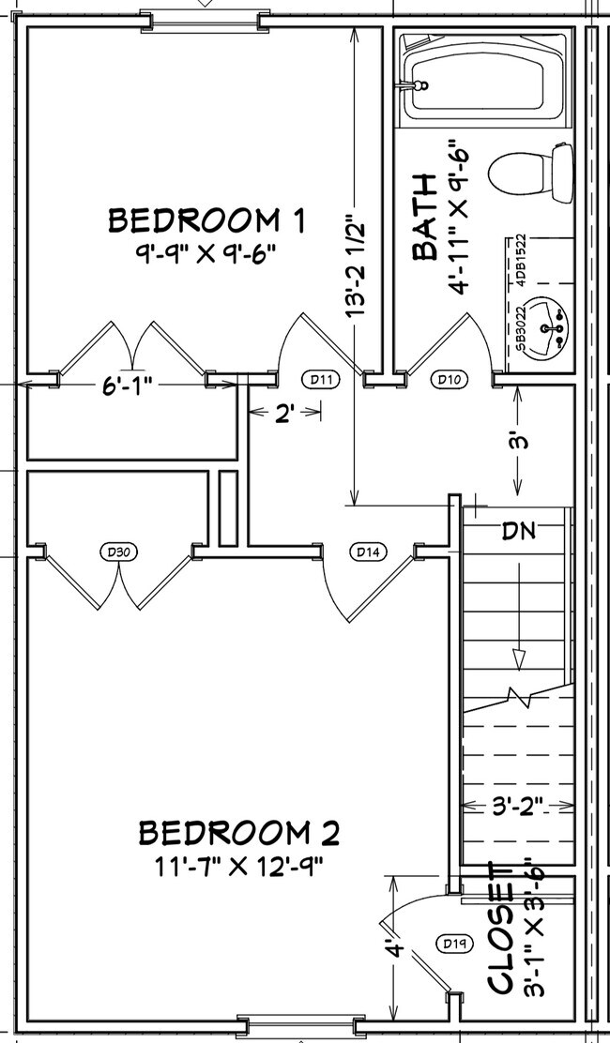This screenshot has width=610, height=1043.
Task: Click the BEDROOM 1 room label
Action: click(x=207, y=220)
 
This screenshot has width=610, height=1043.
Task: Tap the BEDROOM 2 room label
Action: click(x=239, y=832)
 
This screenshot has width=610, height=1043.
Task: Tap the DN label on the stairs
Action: click(x=518, y=531)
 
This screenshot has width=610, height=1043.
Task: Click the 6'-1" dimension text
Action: click(x=128, y=385)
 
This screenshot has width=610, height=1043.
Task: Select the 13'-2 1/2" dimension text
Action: click(x=354, y=267)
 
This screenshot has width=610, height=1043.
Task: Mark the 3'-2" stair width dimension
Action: click(x=517, y=805)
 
